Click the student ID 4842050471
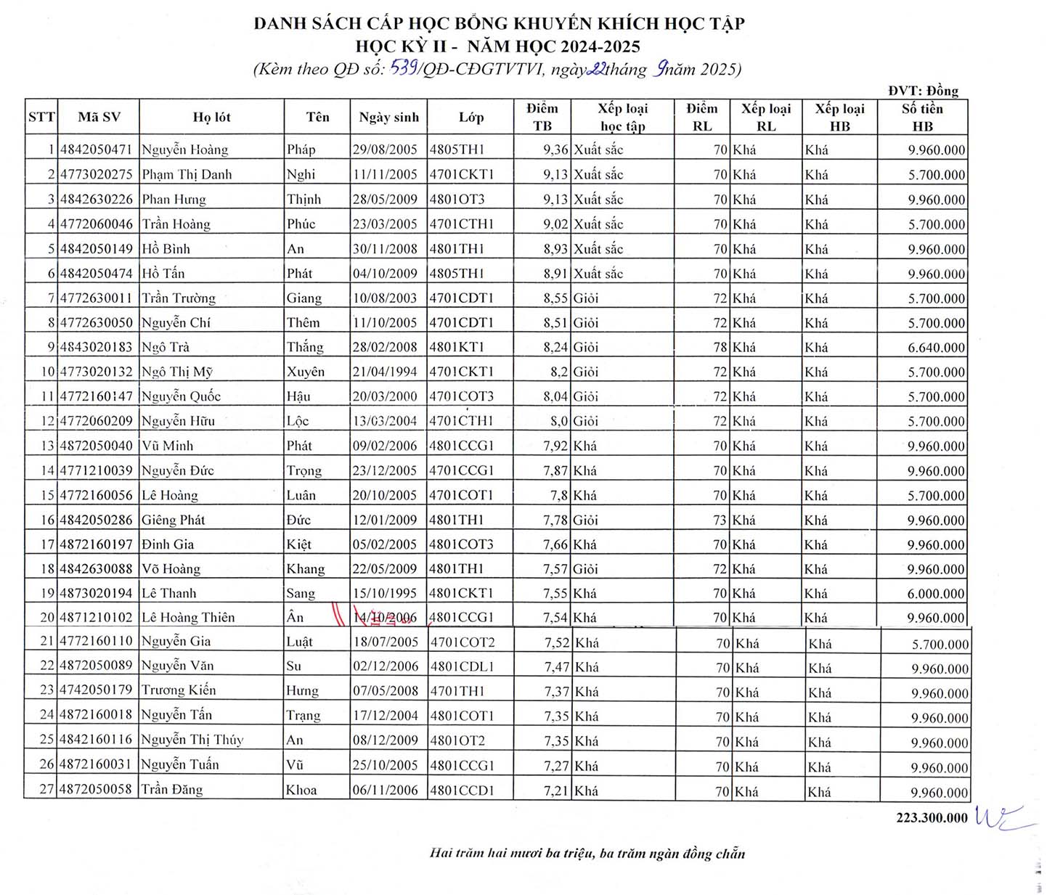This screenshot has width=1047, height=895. pyautogui.click(x=96, y=150)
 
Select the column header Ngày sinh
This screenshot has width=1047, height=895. pyautogui.click(x=388, y=118)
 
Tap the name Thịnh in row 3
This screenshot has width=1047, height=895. pyautogui.click(x=303, y=200)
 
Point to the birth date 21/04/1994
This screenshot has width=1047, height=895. pyautogui.click(x=385, y=372)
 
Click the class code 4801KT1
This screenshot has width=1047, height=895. pyautogui.click(x=457, y=347)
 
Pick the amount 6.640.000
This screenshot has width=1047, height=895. pyautogui.click(x=936, y=348)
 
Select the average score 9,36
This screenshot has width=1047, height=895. pyautogui.click(x=555, y=150)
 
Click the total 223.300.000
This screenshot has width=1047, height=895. pyautogui.click(x=932, y=818)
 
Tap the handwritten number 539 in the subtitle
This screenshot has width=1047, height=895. pyautogui.click(x=403, y=68)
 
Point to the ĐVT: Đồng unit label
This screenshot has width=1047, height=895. pyautogui.click(x=923, y=91)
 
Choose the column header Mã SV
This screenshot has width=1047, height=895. pyautogui.click(x=99, y=118)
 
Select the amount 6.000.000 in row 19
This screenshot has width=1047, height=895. pyautogui.click(x=936, y=594)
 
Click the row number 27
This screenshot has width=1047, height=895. pyautogui.click(x=46, y=789)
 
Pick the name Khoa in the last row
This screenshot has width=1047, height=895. pyautogui.click(x=301, y=790)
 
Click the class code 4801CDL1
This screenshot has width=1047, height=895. pyautogui.click(x=462, y=666)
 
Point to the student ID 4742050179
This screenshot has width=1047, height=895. pyautogui.click(x=96, y=690)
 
